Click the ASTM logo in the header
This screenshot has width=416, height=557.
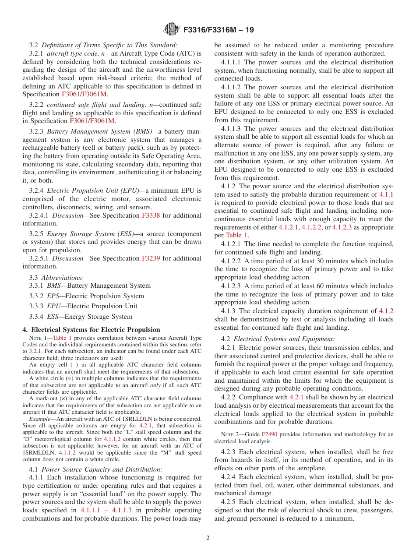tap(171, 29)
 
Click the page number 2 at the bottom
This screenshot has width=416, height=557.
tap(208, 538)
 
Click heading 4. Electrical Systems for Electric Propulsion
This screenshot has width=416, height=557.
tap(91, 330)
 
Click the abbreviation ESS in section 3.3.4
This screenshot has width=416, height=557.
tap(53, 317)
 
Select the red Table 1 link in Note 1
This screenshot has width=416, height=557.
tap(63, 338)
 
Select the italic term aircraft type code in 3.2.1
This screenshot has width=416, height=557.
tap(70, 53)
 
